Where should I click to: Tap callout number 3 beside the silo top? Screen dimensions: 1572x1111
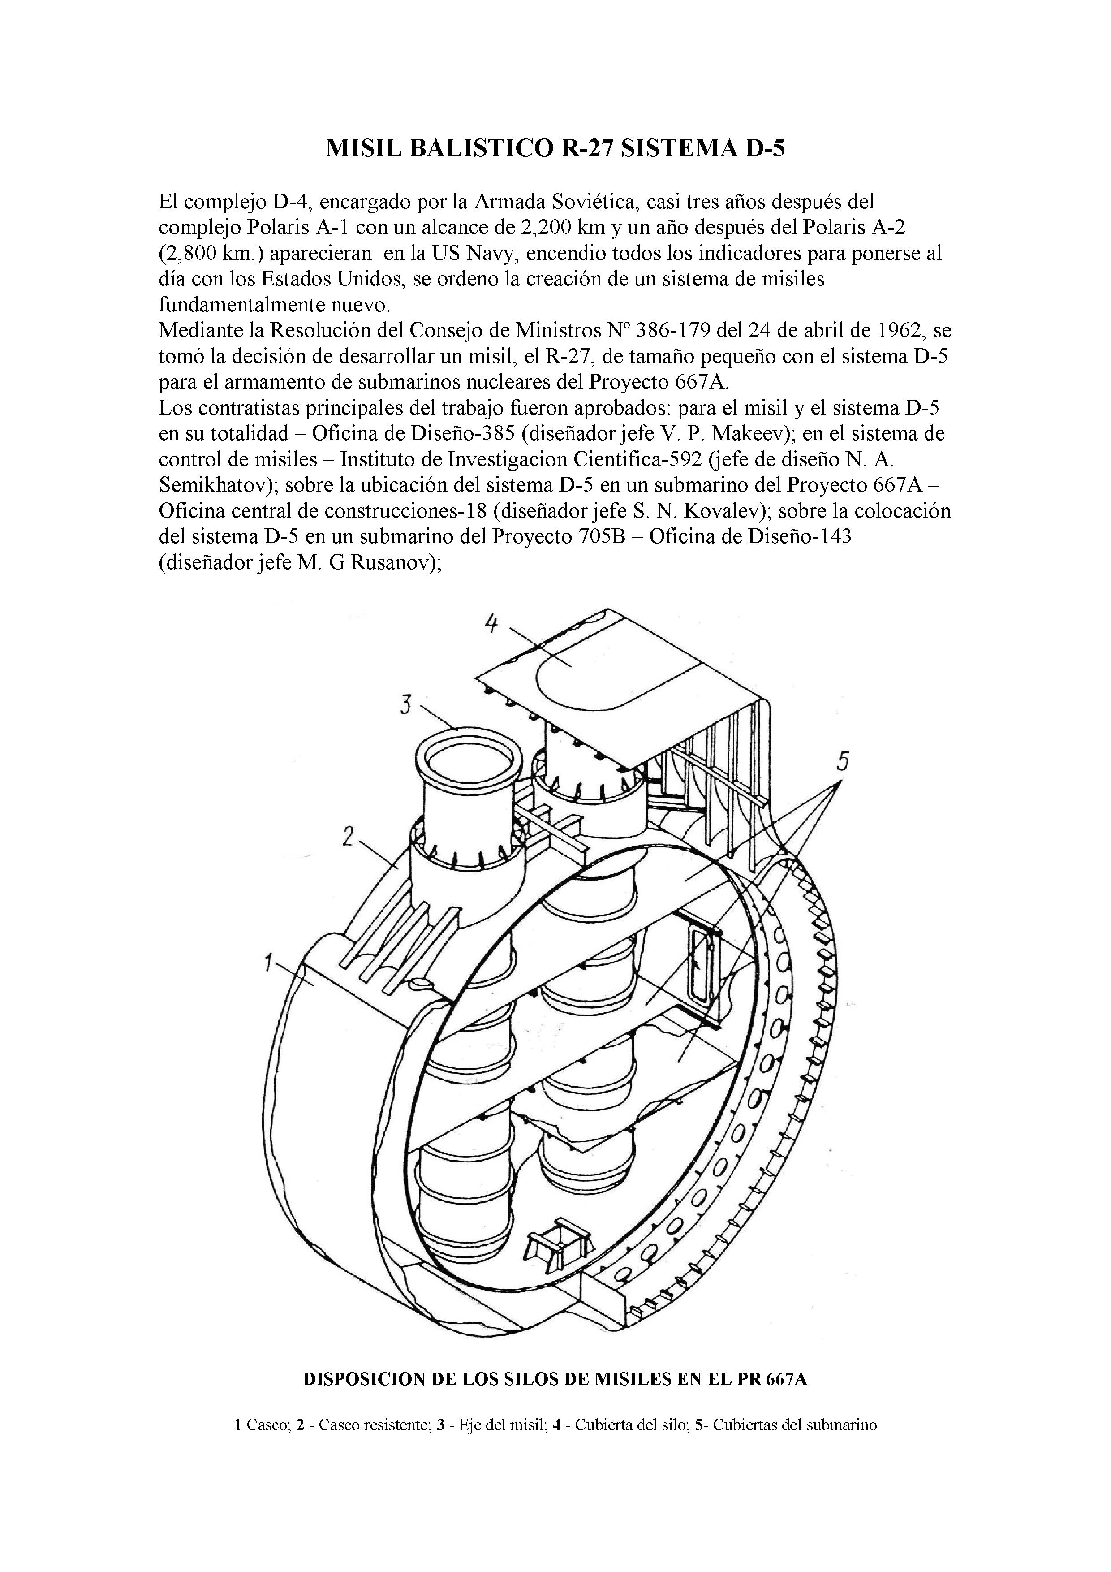(405, 704)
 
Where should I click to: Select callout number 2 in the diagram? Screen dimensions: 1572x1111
(349, 836)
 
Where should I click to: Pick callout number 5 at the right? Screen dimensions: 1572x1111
(843, 760)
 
